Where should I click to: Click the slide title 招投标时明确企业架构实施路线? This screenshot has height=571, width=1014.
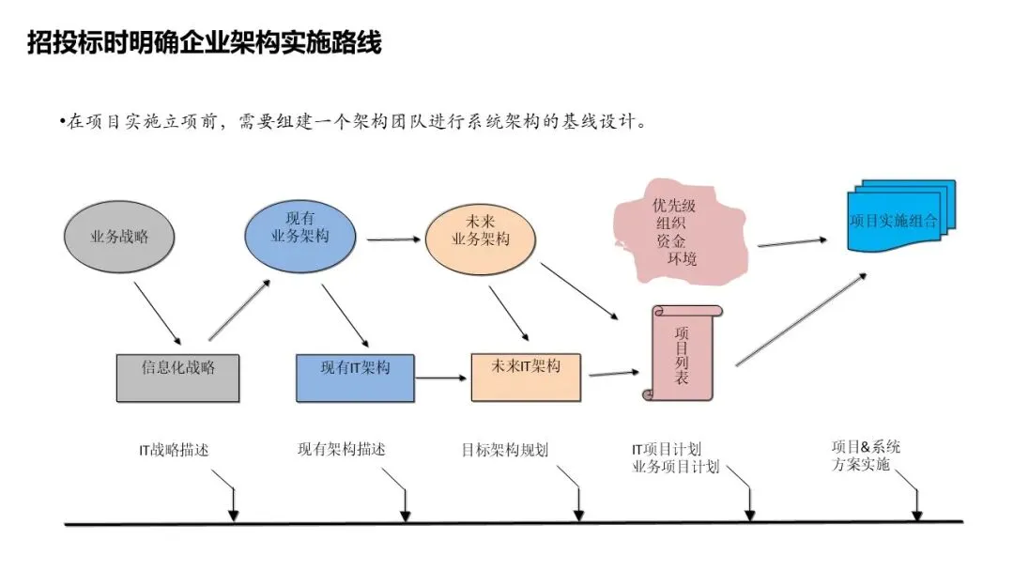tap(205, 42)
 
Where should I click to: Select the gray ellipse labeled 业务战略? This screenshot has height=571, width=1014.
tap(119, 238)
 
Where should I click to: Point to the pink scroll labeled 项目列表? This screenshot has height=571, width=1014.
tap(682, 352)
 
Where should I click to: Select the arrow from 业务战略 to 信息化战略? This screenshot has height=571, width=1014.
tap(158, 313)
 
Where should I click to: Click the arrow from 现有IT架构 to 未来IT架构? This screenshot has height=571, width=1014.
tap(442, 378)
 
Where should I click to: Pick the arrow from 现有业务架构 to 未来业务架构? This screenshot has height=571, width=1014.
tap(392, 239)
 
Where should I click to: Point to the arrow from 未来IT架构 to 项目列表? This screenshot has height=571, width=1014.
tap(612, 374)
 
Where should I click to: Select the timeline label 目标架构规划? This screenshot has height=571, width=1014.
tap(505, 450)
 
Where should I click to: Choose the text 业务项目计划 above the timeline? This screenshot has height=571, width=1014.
tap(676, 467)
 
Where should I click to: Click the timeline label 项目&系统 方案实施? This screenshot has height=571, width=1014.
tap(866, 455)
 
